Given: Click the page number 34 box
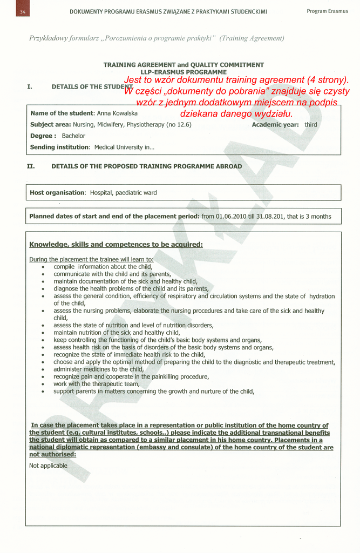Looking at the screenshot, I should pos(22,11).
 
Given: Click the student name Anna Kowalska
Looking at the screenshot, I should pos(117,113).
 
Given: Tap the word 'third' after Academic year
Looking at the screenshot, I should pos(311,125).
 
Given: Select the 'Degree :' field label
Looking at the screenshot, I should pos(43,136).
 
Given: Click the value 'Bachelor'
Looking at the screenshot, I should pos(73,136).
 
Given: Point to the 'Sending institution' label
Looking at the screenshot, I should pos(59,147).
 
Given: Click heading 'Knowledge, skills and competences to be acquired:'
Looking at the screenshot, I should pos(116,245).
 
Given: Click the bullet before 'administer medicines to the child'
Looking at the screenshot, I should pos(43,369).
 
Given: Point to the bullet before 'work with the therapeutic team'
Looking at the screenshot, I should pos(43,384).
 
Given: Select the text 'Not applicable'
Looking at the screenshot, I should pos(48,466).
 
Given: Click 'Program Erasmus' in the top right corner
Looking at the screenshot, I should pos(327,11).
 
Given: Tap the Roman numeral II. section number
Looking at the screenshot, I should pos(31,166).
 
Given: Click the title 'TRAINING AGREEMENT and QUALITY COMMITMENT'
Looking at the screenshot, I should pos(184,65).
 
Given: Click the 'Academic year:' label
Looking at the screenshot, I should pos(275,125).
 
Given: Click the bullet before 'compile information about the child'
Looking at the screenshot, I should pos(43,267).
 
